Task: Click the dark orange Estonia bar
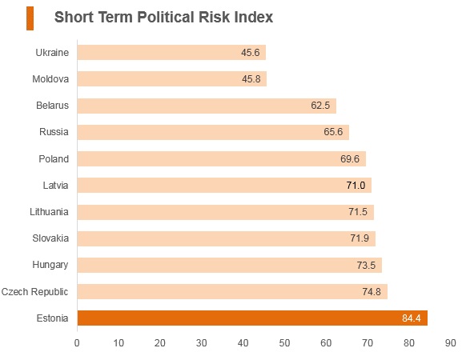pos(252,318)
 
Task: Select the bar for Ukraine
pos(172,52)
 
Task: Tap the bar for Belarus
pos(207,106)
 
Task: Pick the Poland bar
pos(222,159)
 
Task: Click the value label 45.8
pos(251,79)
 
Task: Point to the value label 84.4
pos(412,318)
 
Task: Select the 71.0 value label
pos(356,186)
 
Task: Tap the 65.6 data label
pos(333,131)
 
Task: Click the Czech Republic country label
pos(34,292)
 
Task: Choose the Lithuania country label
pos(49,212)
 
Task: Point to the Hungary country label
pos(50,265)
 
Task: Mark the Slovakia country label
pos(50,238)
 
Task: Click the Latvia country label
pos(55,186)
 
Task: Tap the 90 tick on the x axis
pos(451,343)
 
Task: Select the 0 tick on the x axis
pos(77,343)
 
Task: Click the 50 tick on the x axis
pos(284,343)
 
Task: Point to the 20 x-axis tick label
pos(159,343)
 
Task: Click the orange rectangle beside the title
pos(30,18)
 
